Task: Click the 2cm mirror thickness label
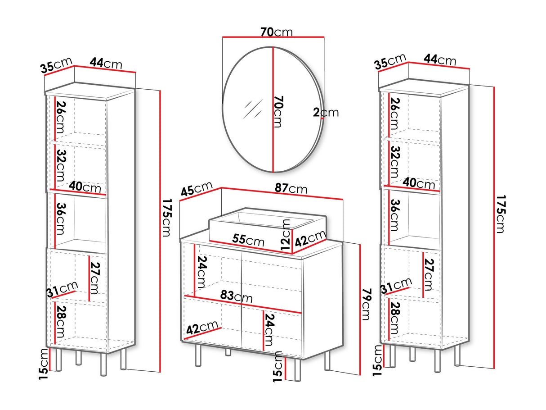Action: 326,112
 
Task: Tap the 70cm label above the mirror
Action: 276,32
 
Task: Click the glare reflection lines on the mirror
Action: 253,109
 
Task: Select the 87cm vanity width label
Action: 291,189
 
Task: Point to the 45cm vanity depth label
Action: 197,188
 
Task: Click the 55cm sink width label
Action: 248,240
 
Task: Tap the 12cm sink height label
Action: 285,235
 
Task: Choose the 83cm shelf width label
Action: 236,296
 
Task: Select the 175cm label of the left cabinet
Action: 167,218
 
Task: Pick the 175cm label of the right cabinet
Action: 501,214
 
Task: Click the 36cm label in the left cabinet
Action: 60,219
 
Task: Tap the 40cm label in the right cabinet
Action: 419,183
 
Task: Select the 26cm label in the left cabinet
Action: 60,117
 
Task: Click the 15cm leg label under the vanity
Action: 277,366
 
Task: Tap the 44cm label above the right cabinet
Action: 440,60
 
